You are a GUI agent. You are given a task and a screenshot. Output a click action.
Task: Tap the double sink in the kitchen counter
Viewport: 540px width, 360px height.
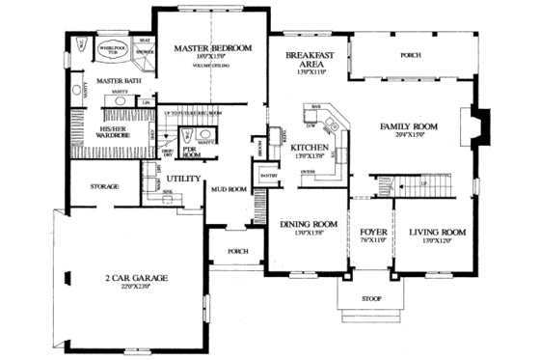[x=331, y=123]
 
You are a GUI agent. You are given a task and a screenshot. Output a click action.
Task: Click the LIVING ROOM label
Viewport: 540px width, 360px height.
[x=437, y=233]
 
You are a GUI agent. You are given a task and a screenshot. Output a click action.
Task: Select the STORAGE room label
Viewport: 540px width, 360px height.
[x=104, y=185]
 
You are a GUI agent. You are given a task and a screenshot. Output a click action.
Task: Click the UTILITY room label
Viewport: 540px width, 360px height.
[x=182, y=179]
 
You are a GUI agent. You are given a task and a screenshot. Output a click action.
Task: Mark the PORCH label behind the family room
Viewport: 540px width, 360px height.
[x=411, y=55]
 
